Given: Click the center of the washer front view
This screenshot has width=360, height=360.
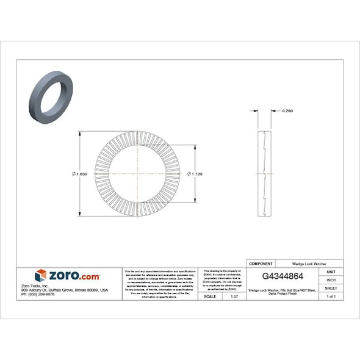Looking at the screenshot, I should click(x=138, y=174).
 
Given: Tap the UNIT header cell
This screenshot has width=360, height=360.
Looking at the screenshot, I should click(x=331, y=271).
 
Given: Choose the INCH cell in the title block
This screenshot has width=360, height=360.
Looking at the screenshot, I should click(x=331, y=279).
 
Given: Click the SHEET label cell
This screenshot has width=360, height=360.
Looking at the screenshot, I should click(x=331, y=287).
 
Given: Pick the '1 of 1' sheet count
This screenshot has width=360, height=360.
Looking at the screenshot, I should click(x=331, y=296).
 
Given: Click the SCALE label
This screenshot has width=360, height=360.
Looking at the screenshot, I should click(x=209, y=296).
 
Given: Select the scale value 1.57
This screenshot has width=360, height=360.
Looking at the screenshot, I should click(x=234, y=296).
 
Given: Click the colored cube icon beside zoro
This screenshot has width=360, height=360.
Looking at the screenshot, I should click(x=41, y=275).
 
